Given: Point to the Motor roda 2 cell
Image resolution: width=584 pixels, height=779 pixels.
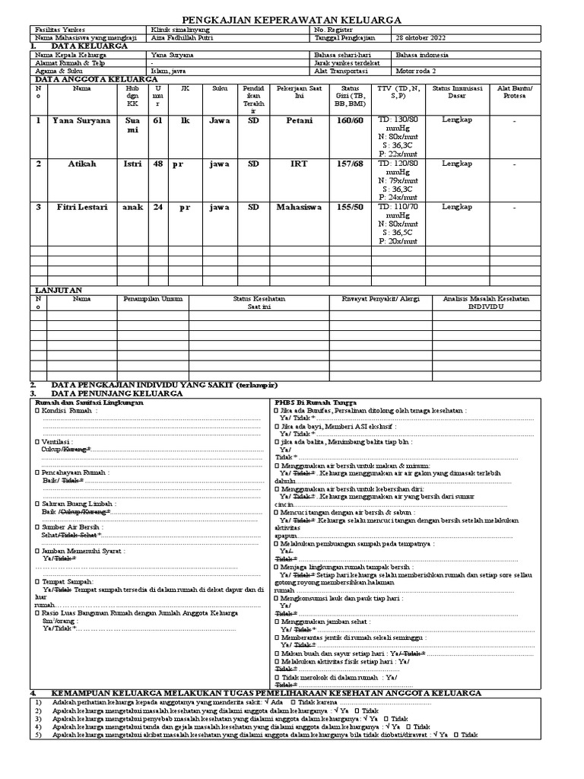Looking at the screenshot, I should point(417,71).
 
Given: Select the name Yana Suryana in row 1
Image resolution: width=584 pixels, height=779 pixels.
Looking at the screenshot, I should point(81,120).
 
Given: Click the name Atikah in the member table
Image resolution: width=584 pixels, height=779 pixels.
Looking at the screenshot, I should point(81,164).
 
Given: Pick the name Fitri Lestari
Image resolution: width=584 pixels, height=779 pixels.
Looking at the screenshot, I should point(81,207).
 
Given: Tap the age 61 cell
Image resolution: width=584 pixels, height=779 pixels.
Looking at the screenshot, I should point(157,120).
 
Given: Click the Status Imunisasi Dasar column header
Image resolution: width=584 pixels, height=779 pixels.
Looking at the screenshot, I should point(457,93).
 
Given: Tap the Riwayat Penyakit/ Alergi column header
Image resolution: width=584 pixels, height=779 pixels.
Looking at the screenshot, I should point(382,299).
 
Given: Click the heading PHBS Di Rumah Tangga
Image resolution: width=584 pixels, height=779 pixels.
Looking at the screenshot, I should point(315,402).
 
